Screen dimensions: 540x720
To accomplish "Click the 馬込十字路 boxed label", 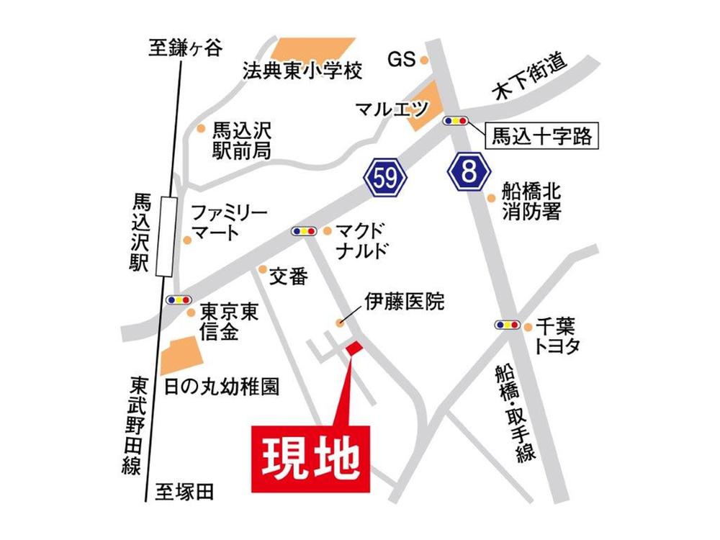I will pos(542,135).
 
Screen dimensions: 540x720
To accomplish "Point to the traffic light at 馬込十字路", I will pos(456,120).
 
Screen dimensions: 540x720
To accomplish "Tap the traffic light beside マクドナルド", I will pos(303,231).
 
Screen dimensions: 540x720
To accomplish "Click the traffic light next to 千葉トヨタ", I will pos(508,325).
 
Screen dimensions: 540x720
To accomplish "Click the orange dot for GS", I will pos(425,60).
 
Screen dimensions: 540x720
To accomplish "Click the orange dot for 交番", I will pos(262,269).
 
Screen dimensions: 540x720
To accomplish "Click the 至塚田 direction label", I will pos(185,492).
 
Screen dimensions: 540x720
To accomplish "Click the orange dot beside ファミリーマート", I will pos(187,239).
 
